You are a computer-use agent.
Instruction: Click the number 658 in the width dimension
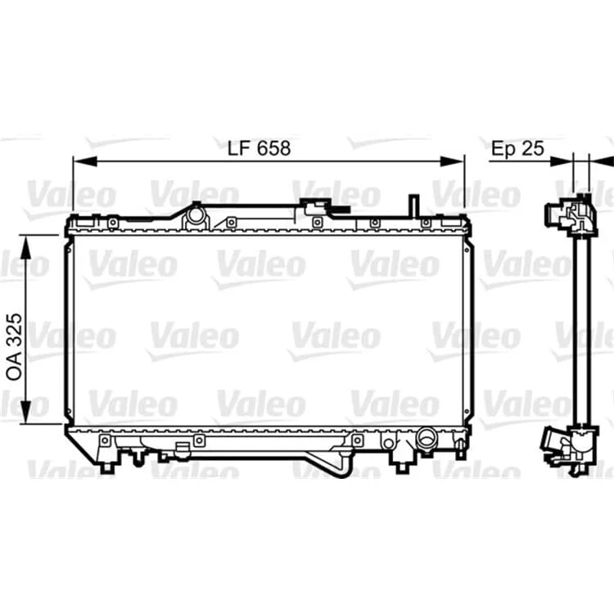[273, 148]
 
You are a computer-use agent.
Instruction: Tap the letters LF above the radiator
[239, 148]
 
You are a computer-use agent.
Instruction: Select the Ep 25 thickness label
[517, 148]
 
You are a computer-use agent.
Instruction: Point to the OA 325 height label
[15, 346]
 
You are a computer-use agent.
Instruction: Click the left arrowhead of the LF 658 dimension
[85, 161]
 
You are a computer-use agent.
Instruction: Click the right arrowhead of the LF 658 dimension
[452, 161]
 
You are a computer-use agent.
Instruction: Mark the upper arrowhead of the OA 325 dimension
[26, 247]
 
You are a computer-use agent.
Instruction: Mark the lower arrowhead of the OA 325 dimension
[26, 412]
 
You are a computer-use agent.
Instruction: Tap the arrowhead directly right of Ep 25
[561, 161]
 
